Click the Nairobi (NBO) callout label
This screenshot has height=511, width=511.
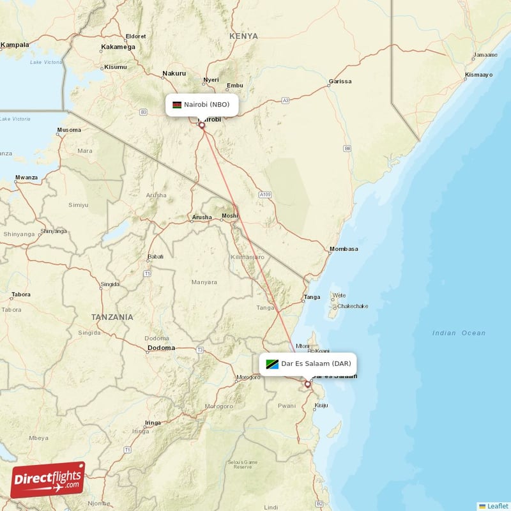(202, 105)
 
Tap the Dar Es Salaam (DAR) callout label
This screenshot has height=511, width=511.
(309, 364)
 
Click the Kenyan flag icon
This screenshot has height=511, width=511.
(177, 105)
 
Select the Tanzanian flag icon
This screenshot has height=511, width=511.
(272, 364)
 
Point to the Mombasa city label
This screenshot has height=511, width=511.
(344, 248)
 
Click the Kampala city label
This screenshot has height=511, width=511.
(15, 45)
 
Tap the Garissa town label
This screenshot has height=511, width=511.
(339, 82)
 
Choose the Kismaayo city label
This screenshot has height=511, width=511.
(479, 75)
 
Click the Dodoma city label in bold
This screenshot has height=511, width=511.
(161, 348)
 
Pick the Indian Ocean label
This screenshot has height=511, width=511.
(459, 333)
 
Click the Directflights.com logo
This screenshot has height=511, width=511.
(48, 479)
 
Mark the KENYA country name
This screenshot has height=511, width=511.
(243, 36)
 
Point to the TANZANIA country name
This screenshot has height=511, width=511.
(112, 317)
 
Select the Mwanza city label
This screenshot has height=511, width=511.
(26, 177)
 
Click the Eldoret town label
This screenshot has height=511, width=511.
(136, 36)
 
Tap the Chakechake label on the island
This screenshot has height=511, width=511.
(353, 306)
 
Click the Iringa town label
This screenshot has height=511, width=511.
(153, 423)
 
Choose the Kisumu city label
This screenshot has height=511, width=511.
(116, 66)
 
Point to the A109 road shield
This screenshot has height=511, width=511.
(266, 194)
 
